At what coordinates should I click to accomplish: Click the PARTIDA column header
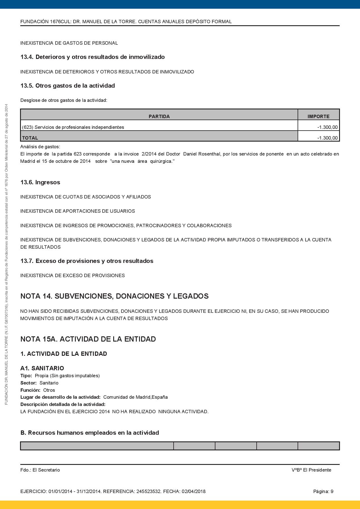[x=159, y=116]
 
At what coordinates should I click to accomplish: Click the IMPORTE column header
[x=318, y=116]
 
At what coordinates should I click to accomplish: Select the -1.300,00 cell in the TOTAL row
[x=327, y=138]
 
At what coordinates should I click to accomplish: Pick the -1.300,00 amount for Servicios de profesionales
[x=327, y=127]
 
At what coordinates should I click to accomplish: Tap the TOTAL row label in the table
[x=30, y=138]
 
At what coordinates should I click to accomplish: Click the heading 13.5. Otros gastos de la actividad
[x=68, y=86]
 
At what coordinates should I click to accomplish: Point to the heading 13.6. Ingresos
[x=40, y=182]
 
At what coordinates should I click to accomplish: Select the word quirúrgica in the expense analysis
[x=161, y=161]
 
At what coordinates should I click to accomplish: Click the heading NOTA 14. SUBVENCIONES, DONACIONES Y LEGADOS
[x=114, y=296]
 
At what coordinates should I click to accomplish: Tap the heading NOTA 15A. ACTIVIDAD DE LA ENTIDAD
[x=88, y=339]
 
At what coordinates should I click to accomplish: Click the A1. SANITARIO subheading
[x=42, y=368]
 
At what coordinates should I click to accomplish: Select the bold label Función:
[x=30, y=390]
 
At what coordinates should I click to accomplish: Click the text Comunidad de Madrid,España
[x=135, y=397]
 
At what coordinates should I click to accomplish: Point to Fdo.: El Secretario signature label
[x=40, y=470]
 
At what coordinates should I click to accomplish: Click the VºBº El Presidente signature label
[x=311, y=470]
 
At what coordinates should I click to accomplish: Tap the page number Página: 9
[x=323, y=491]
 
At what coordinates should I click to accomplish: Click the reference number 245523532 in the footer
[x=148, y=491]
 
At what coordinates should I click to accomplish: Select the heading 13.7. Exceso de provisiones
[x=87, y=261]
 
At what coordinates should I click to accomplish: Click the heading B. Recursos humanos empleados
[x=90, y=433]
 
